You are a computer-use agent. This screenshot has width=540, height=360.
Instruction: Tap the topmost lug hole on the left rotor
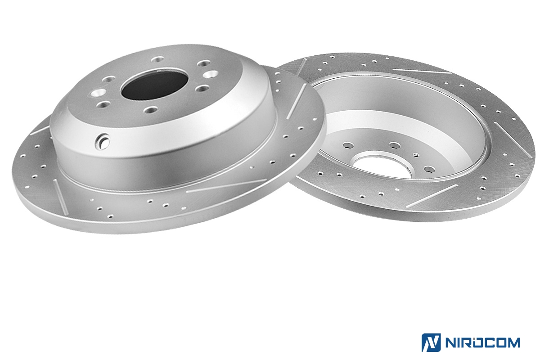pyautogui.click(x=157, y=59)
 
